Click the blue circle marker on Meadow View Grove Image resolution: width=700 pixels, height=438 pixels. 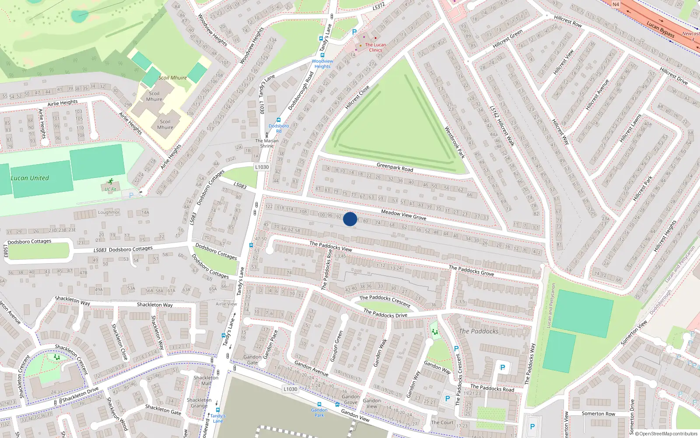[x=350, y=219]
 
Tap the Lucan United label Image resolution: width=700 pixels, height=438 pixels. [x=30, y=178]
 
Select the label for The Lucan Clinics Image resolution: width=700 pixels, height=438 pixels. [x=375, y=47]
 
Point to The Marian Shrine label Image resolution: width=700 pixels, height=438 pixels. [x=267, y=143]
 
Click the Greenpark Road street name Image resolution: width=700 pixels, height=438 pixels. [x=395, y=167]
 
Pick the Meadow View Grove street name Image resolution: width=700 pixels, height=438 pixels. [x=403, y=215]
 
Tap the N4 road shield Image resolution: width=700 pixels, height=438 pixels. [x=616, y=4]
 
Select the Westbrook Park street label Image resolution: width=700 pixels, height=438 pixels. [x=455, y=142]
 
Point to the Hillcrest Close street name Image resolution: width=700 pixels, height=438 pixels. [x=357, y=97]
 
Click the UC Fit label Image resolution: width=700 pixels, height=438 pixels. [x=110, y=190]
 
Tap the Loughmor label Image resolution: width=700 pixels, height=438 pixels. [x=108, y=212]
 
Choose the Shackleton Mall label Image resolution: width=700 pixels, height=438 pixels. [x=206, y=380]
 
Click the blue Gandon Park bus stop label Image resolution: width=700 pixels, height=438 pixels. [x=319, y=413]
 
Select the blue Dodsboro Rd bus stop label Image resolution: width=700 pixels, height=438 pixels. [x=279, y=128]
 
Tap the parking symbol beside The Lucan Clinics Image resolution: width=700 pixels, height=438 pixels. [x=354, y=32]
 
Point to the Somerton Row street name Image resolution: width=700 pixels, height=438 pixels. [x=598, y=413]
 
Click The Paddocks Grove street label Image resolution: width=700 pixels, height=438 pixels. [x=471, y=270]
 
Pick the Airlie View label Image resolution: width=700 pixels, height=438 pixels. [x=226, y=304]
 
